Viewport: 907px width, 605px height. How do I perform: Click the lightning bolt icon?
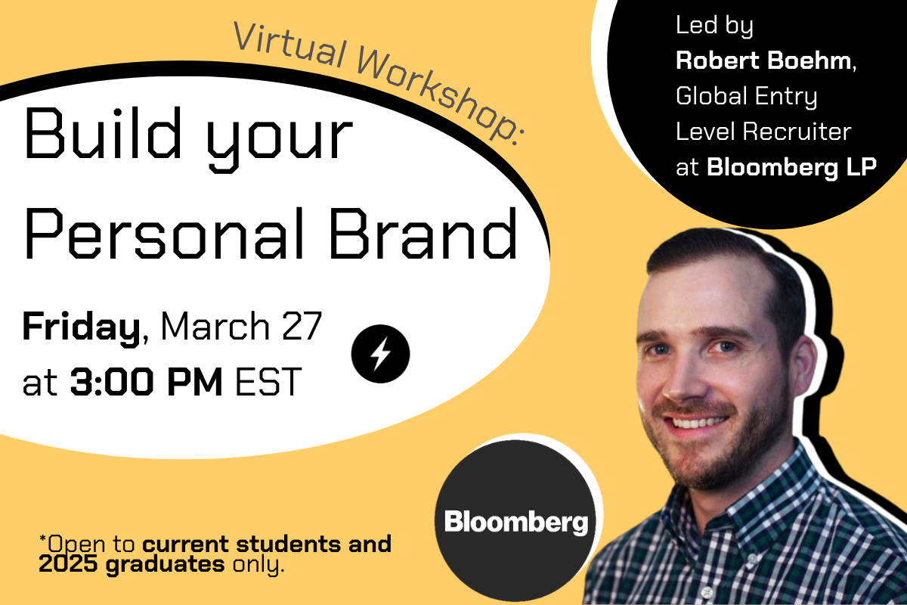coord(381,352)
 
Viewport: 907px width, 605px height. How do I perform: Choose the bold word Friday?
coord(82,327)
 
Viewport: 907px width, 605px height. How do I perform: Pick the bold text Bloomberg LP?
coord(791,167)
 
